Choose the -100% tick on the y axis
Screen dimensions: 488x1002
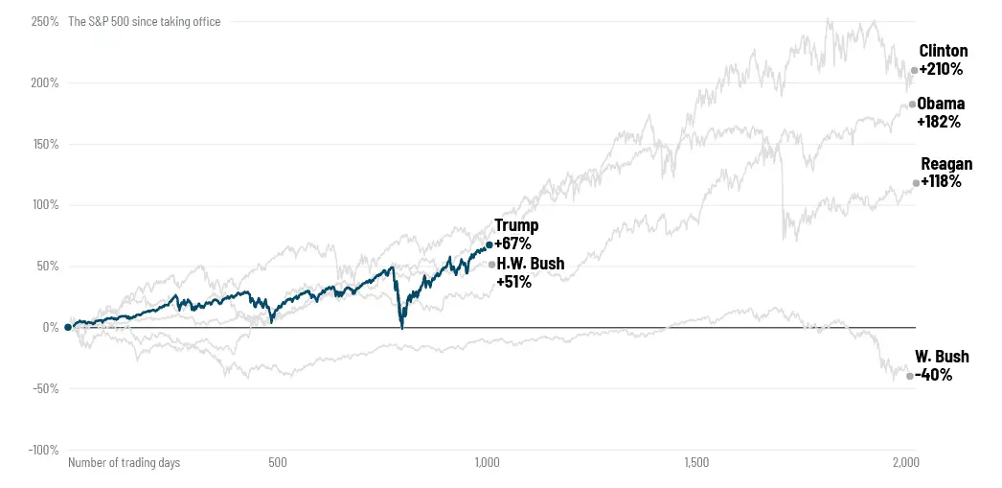pyautogui.click(x=43, y=450)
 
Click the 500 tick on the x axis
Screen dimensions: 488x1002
pyautogui.click(x=278, y=463)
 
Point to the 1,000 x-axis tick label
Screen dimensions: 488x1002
pyautogui.click(x=487, y=463)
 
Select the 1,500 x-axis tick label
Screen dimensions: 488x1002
pyautogui.click(x=696, y=463)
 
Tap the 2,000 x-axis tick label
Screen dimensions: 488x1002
pyautogui.click(x=905, y=463)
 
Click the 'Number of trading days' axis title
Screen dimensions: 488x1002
pyautogui.click(x=124, y=463)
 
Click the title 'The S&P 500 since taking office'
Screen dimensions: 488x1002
pyautogui.click(x=144, y=21)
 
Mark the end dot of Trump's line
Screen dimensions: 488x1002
pyautogui.click(x=490, y=245)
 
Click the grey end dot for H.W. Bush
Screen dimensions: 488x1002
pyautogui.click(x=491, y=265)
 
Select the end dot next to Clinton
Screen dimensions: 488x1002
pyautogui.click(x=914, y=70)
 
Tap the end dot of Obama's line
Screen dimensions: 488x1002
pyautogui.click(x=912, y=105)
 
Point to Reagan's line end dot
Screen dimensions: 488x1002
pyautogui.click(x=916, y=183)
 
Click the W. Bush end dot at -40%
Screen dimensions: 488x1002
pyautogui.click(x=910, y=376)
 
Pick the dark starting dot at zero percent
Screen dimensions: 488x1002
pyautogui.click(x=68, y=327)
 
